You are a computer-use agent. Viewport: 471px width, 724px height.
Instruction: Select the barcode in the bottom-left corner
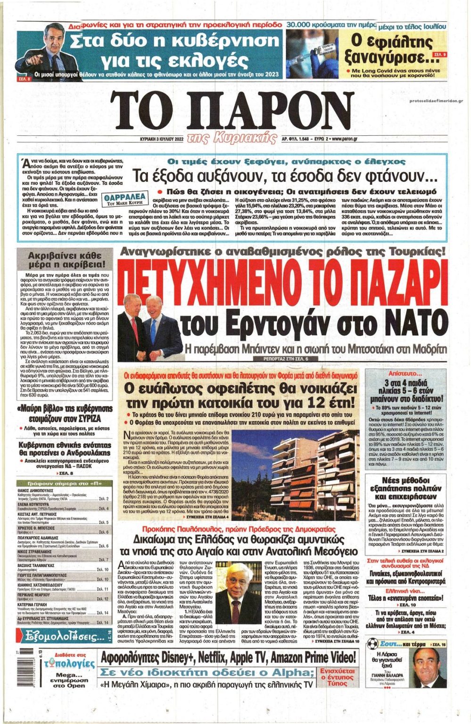(23, 658)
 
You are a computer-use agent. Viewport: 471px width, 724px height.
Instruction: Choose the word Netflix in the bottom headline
(217, 657)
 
